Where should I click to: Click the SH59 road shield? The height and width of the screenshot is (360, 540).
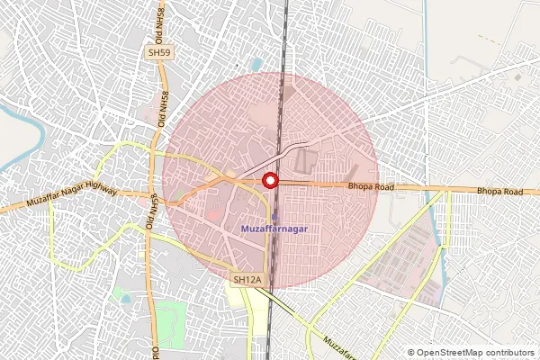tap(159, 54)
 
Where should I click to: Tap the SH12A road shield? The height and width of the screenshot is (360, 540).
tap(246, 280)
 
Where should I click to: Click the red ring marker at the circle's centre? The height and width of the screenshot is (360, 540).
tap(270, 181)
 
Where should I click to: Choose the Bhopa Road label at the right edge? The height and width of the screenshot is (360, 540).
tap(499, 192)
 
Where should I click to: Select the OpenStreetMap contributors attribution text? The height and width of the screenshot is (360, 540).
tap(476, 353)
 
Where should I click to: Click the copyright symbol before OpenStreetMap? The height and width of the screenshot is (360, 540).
tap(411, 353)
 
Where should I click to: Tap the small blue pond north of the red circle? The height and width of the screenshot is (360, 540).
tap(257, 65)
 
